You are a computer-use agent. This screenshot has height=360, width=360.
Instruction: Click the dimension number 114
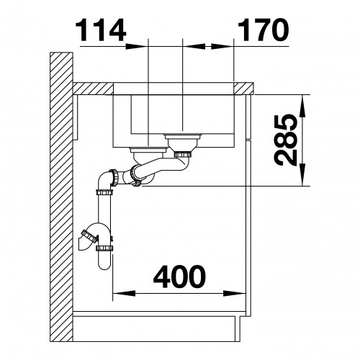101,31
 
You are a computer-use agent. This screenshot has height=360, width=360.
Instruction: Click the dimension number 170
264,30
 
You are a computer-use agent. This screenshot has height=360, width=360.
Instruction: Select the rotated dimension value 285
286,140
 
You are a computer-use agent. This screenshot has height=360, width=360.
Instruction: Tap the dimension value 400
179,276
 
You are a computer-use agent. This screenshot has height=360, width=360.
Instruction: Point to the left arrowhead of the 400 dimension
124,293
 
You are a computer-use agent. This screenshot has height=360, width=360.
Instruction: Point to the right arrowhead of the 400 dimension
235,293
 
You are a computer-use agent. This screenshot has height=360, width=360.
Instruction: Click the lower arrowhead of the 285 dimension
302,174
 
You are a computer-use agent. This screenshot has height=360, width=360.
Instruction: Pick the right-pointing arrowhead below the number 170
222,46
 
